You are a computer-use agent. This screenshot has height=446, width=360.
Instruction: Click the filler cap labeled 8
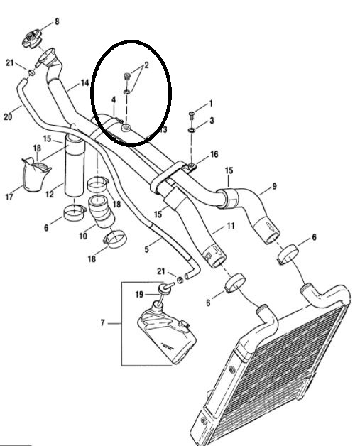[32, 39]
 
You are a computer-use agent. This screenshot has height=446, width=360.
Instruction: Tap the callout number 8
[57, 21]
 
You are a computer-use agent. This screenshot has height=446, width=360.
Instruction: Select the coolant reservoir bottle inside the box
[167, 332]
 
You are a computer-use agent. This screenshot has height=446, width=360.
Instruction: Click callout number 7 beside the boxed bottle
[103, 323]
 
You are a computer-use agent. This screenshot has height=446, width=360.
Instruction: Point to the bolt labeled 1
[192, 115]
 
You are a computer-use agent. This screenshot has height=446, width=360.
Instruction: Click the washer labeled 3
[192, 130]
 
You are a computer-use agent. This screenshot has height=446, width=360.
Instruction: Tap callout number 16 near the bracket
[214, 154]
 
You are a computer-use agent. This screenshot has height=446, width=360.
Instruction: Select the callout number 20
[8, 116]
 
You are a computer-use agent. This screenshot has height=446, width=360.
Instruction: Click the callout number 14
[85, 83]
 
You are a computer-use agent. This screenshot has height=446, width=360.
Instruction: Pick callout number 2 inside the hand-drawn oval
[146, 65]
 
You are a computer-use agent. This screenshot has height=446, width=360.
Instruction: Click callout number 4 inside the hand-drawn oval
[114, 99]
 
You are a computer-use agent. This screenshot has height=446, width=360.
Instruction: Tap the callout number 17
[9, 197]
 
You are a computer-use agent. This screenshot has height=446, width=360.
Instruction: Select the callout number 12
[50, 195]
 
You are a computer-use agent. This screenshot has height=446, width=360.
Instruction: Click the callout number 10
[83, 236]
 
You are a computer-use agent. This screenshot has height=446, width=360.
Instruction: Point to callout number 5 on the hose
[146, 249]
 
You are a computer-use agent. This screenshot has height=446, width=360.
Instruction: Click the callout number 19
[139, 295]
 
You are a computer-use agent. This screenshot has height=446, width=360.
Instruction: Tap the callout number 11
[231, 226]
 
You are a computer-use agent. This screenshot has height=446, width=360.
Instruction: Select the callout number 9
[274, 186]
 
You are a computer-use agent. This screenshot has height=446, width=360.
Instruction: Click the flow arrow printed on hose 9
[271, 226]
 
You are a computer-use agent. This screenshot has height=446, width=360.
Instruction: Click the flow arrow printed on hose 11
[219, 251]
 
